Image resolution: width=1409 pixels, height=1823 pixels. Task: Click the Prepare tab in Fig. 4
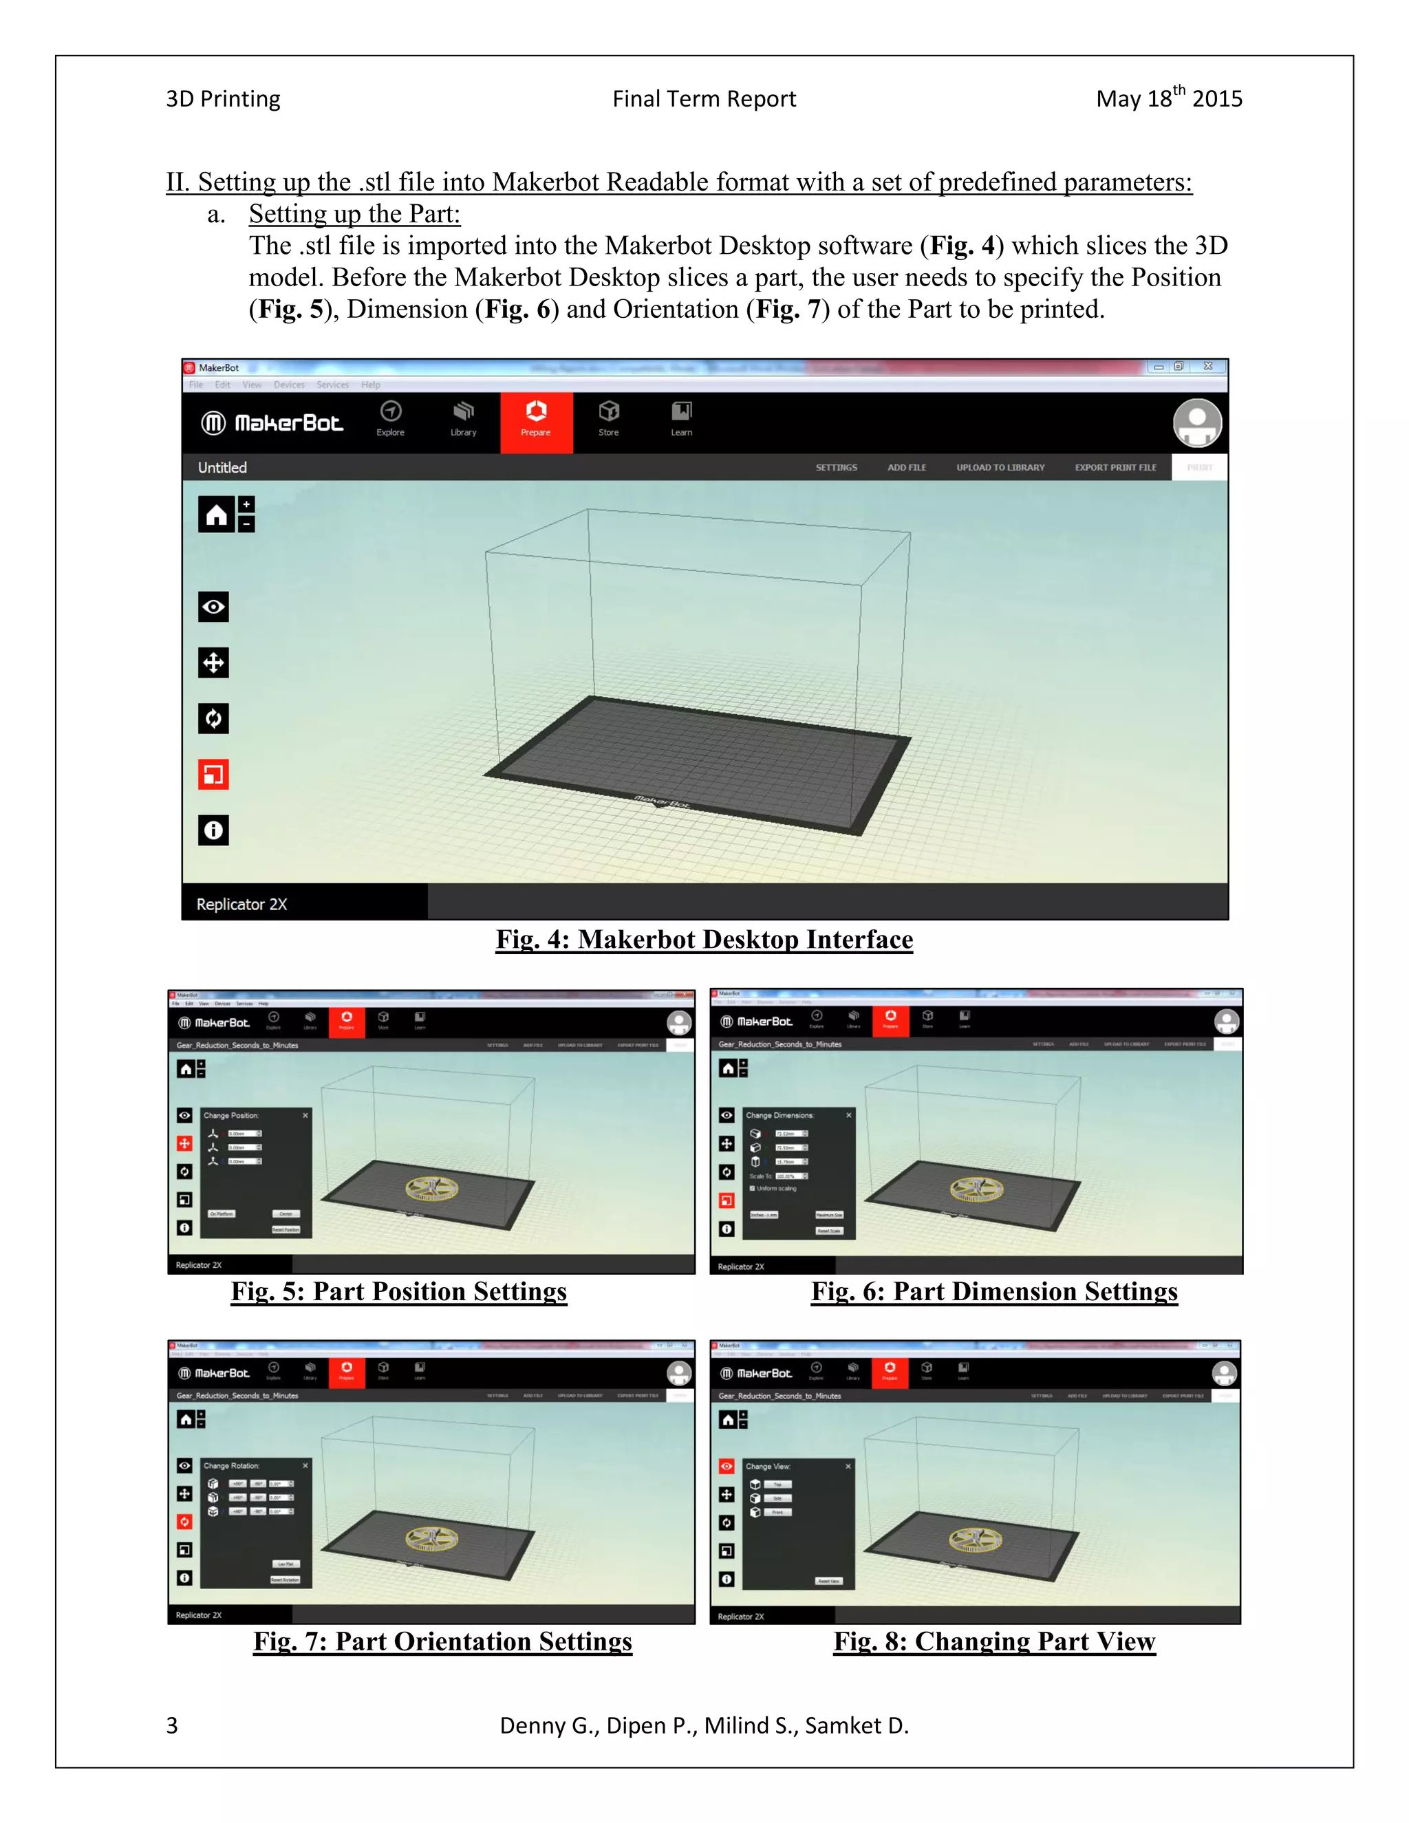(x=536, y=422)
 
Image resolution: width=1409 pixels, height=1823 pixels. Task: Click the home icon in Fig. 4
(x=216, y=514)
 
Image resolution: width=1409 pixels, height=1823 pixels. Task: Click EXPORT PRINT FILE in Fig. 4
(x=1115, y=467)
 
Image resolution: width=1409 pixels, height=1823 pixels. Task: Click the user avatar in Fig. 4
(x=1197, y=423)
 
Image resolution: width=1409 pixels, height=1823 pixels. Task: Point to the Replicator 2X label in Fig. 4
(x=242, y=904)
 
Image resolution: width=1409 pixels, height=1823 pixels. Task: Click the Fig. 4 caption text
(x=704, y=940)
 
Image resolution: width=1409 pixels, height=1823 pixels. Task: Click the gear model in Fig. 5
(x=431, y=1189)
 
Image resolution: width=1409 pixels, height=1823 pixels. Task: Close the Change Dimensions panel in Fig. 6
(x=849, y=1115)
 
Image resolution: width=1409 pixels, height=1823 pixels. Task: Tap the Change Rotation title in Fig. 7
(x=232, y=1466)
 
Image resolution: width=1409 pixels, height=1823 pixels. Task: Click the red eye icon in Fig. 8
(x=727, y=1467)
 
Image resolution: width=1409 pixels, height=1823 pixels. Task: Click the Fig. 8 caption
(x=994, y=1642)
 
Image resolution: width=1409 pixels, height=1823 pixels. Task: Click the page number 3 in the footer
(x=172, y=1725)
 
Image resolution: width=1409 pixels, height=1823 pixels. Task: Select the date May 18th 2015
(x=1169, y=98)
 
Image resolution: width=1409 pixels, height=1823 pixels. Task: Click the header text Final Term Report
(x=704, y=98)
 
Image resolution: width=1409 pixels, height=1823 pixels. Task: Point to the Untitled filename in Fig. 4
(x=222, y=467)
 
